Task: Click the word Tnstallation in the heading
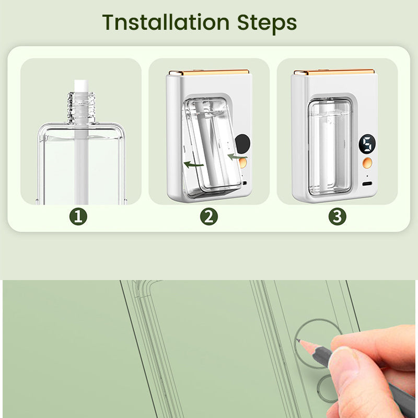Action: [x=166, y=22]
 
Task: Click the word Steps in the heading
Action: [x=267, y=24]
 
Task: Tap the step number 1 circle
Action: [x=78, y=216]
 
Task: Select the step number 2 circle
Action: [x=208, y=216]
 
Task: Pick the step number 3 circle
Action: [x=337, y=216]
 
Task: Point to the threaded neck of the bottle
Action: [x=82, y=108]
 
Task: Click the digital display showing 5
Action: [x=367, y=144]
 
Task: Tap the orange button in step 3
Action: [x=368, y=162]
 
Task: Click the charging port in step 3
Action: [x=367, y=184]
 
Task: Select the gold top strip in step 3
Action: [x=334, y=72]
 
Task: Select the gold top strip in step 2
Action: [x=209, y=72]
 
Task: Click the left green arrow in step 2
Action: [x=194, y=165]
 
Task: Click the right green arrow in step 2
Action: [x=237, y=157]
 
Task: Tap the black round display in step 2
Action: [x=243, y=144]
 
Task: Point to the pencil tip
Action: [x=298, y=340]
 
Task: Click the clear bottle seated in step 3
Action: [x=330, y=147]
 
